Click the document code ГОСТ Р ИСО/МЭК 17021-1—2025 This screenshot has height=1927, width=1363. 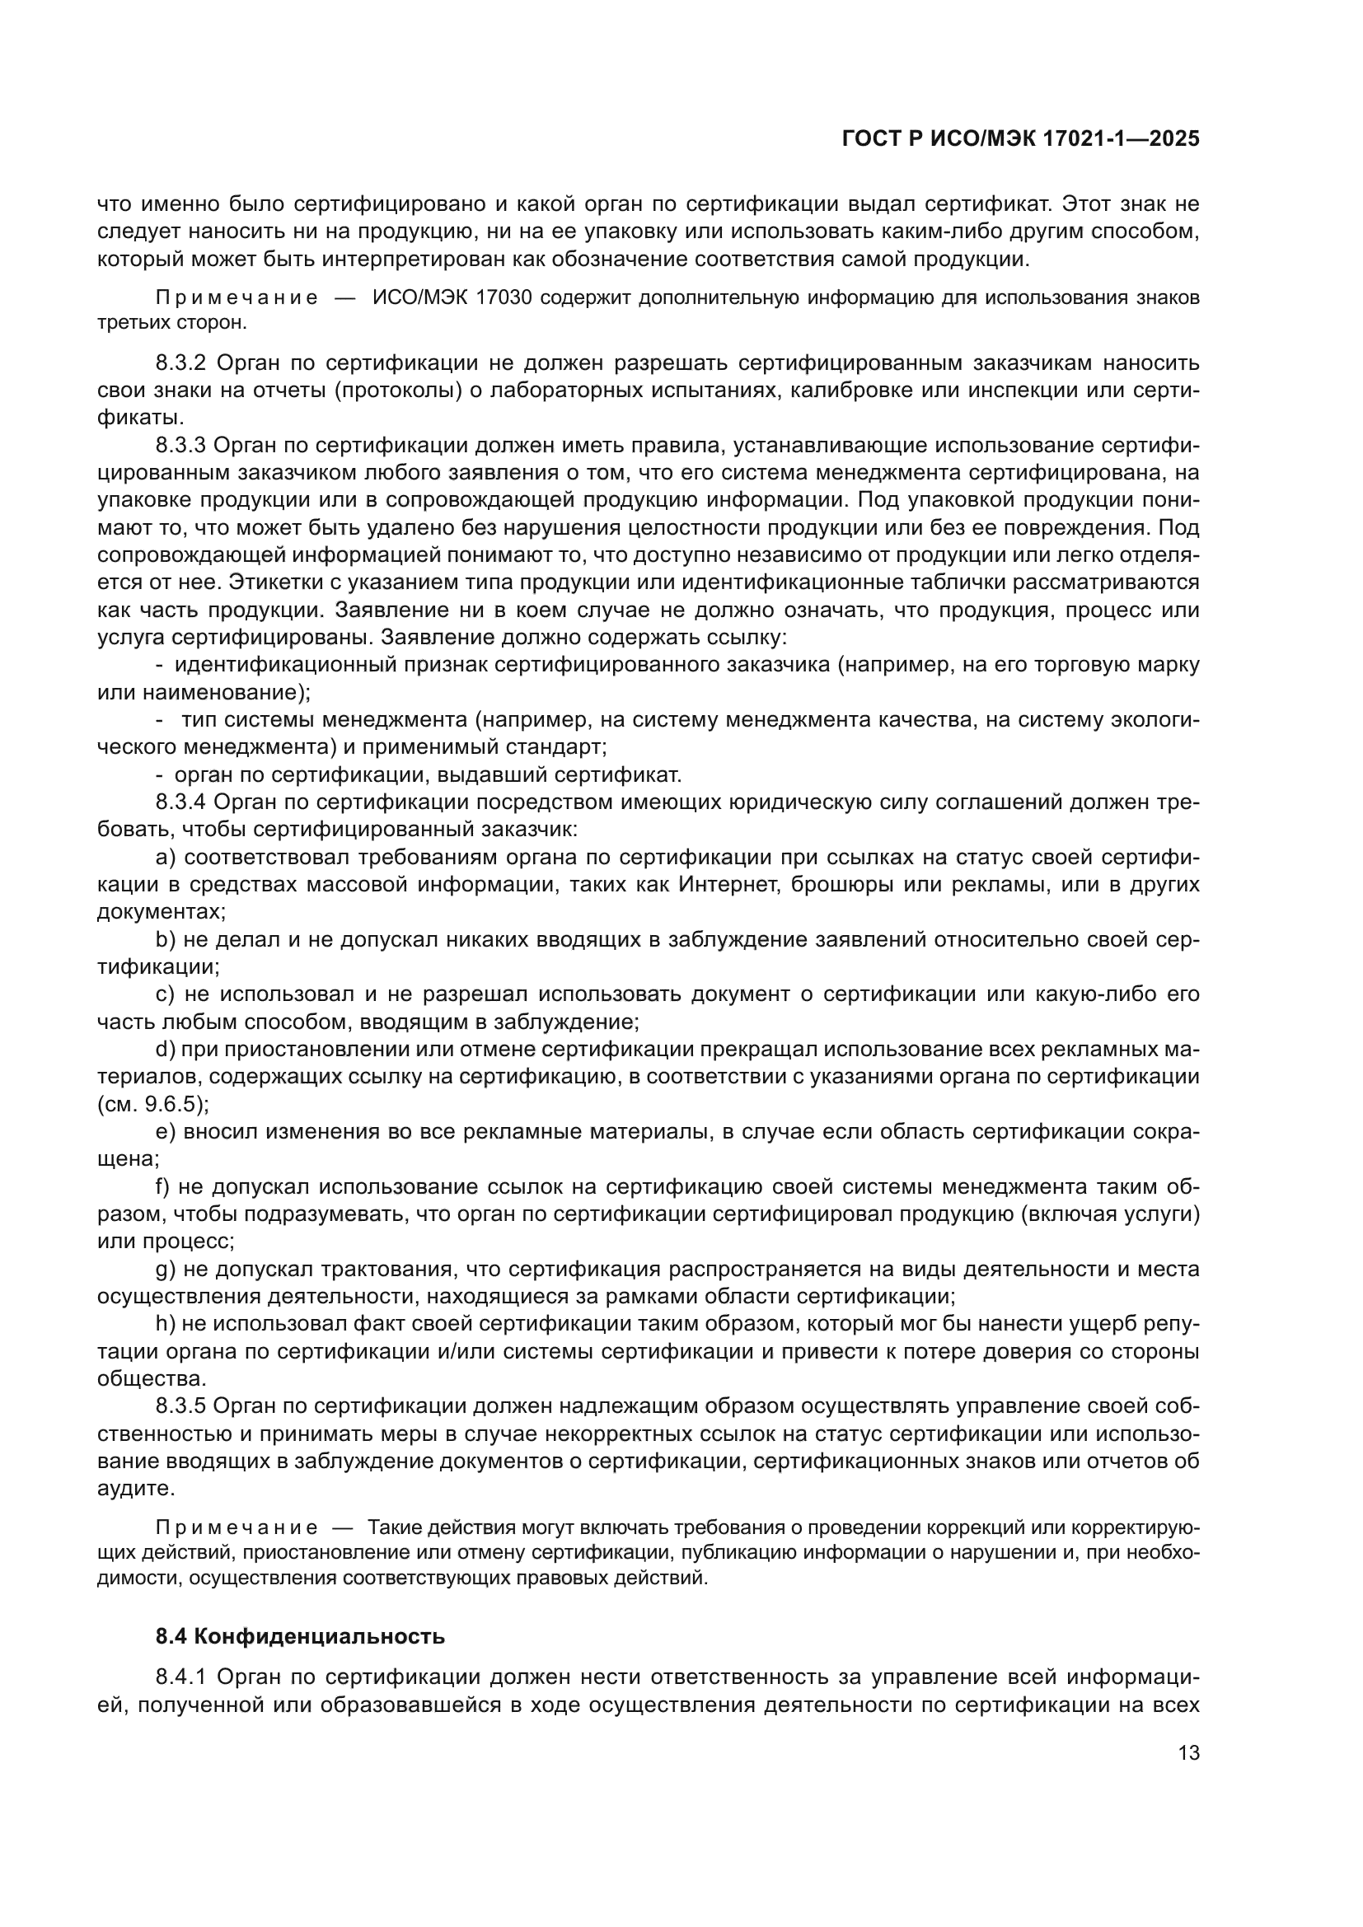1019,139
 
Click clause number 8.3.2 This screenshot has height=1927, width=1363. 180,363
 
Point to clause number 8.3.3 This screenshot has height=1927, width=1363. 180,445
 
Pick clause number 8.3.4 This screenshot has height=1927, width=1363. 180,802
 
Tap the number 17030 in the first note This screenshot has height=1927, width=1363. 504,299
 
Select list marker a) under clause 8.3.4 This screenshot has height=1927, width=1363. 166,857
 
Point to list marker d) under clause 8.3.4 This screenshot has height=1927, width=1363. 166,1049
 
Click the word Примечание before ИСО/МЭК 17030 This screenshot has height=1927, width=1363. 237,299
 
